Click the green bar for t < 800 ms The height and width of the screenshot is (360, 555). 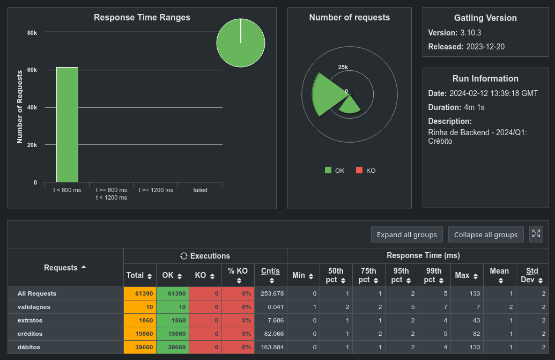(67, 124)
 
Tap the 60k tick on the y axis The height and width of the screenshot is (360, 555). (32, 70)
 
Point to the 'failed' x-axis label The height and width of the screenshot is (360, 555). (200, 190)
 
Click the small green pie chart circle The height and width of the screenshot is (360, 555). (241, 43)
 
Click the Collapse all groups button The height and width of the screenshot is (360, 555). (486, 234)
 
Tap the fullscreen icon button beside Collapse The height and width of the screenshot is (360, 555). (536, 234)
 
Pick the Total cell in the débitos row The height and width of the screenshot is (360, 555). (140, 347)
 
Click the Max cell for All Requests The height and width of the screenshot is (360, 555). (467, 293)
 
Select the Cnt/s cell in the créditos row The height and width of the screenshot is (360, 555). (271, 334)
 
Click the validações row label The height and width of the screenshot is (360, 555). (34, 307)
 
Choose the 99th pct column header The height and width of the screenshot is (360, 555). (434, 275)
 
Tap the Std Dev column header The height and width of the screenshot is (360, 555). (532, 275)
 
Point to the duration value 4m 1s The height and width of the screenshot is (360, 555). (467, 107)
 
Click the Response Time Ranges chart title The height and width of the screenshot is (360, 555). (142, 18)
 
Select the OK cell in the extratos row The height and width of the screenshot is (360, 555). (173, 320)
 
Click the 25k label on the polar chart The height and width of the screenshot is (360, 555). (343, 67)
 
